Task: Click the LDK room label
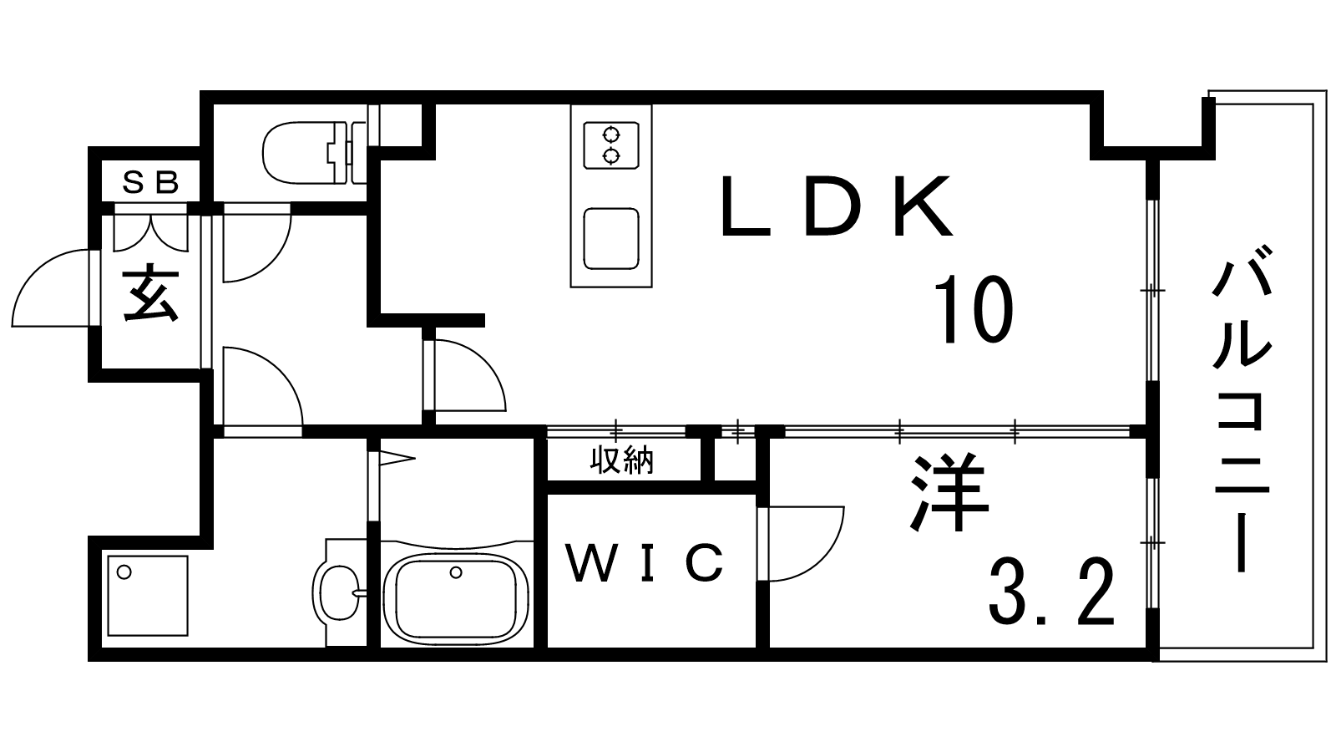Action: pyautogui.click(x=836, y=206)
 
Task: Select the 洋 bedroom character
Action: pyautogui.click(x=949, y=493)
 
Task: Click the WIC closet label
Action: pyautogui.click(x=646, y=561)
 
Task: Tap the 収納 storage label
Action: pyautogui.click(x=622, y=460)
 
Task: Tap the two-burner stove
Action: pyautogui.click(x=611, y=145)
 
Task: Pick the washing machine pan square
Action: pyautogui.click(x=148, y=596)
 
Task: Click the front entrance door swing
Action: pyautogui.click(x=53, y=288)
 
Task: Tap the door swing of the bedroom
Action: pyautogui.click(x=805, y=543)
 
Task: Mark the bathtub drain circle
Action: pyautogui.click(x=456, y=572)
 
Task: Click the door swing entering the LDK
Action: pyautogui.click(x=470, y=375)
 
